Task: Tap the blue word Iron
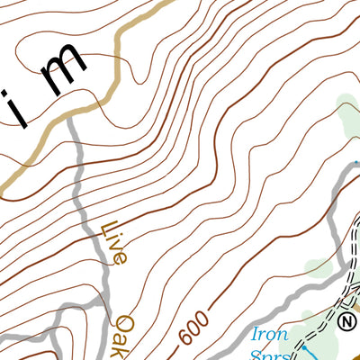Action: (x=267, y=333)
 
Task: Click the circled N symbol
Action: (x=348, y=320)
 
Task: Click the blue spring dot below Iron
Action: (x=304, y=346)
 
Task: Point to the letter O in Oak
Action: (x=123, y=322)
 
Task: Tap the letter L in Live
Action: (x=108, y=229)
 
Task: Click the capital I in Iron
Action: (x=255, y=331)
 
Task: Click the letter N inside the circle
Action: (x=348, y=320)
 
